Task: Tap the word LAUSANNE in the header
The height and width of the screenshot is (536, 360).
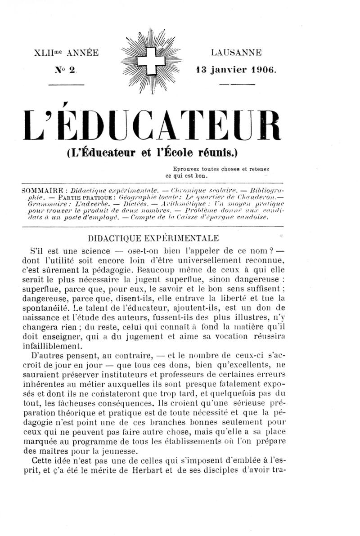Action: (x=236, y=53)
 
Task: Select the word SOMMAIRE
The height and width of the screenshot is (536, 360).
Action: (x=44, y=190)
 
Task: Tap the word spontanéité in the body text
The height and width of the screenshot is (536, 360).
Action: (x=58, y=310)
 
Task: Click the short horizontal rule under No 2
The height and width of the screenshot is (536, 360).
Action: (x=66, y=84)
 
